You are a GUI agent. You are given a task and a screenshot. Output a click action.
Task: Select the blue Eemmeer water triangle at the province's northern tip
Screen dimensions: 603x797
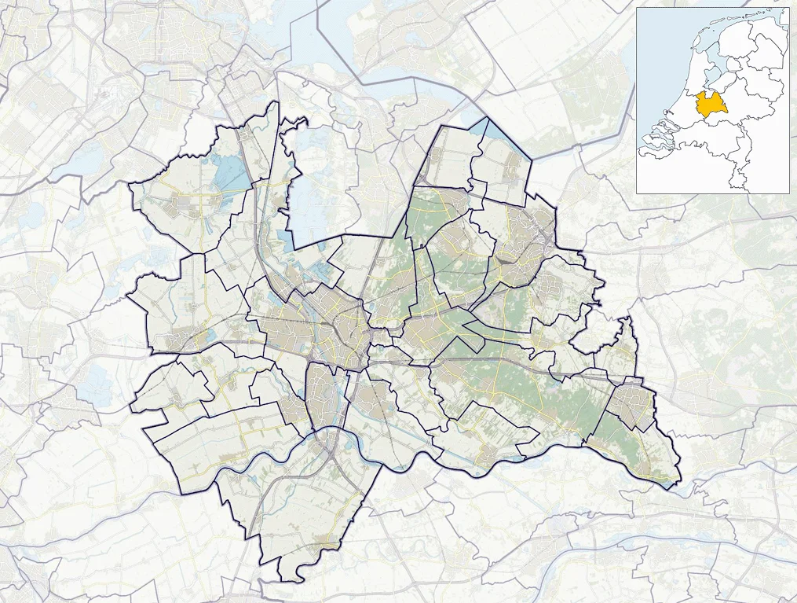tap(495, 130)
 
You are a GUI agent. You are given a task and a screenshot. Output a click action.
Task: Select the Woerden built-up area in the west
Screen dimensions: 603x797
tap(185, 338)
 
